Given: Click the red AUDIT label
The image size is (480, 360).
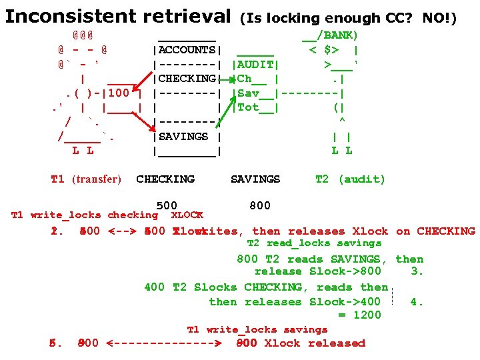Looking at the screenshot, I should click(x=255, y=65).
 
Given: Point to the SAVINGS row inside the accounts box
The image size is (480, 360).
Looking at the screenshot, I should click(x=184, y=136).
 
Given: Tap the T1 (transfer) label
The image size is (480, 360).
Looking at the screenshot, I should click(x=86, y=179).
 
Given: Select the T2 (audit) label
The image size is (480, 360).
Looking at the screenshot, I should click(x=350, y=179).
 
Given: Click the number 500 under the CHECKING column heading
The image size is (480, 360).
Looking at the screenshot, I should click(x=166, y=205).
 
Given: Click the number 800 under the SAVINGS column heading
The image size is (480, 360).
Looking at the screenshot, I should click(x=259, y=206).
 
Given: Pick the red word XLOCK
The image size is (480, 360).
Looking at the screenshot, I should click(x=187, y=215).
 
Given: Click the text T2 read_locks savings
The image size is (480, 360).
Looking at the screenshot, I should click(x=314, y=243).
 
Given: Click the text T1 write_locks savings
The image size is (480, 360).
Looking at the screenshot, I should click(x=257, y=329).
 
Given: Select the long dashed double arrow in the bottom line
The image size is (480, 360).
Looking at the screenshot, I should click(x=164, y=344).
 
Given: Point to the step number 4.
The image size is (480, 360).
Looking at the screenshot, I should click(x=417, y=301).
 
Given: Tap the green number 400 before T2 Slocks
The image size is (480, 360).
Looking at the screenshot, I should click(x=154, y=287).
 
